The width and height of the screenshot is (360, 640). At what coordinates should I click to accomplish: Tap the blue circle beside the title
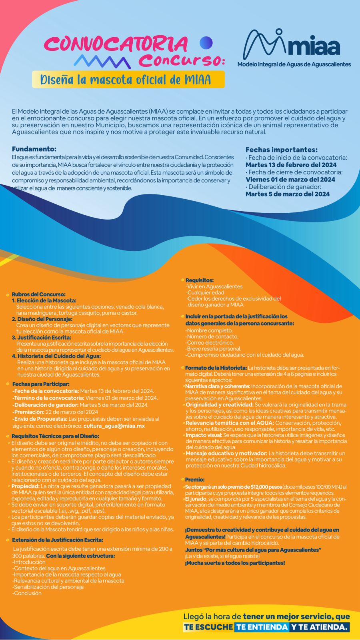(206, 42)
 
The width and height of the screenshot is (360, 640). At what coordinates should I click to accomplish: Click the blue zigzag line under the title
(102, 62)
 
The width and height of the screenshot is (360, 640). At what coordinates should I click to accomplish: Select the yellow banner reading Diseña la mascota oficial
(128, 80)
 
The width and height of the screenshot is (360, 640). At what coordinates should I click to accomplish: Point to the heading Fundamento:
(34, 149)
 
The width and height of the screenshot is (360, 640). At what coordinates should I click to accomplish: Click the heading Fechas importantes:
(281, 150)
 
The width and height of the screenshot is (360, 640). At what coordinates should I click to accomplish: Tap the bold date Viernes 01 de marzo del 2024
(290, 180)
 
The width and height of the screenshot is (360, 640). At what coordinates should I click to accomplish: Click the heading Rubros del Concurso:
(38, 294)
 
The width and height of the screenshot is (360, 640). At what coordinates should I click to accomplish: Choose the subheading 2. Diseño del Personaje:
(42, 319)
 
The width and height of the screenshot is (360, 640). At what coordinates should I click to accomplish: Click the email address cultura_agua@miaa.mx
(114, 426)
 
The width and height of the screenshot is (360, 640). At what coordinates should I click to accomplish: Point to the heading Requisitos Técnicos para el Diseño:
(55, 436)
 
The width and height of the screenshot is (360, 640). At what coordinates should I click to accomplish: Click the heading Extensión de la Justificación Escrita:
(58, 540)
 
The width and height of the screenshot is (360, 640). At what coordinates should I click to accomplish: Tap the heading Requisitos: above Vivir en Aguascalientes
(200, 280)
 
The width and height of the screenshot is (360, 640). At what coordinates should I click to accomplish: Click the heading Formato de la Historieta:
(216, 368)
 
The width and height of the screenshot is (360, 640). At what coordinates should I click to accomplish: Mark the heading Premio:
(195, 480)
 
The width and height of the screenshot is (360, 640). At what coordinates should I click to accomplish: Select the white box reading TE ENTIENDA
(262, 627)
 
